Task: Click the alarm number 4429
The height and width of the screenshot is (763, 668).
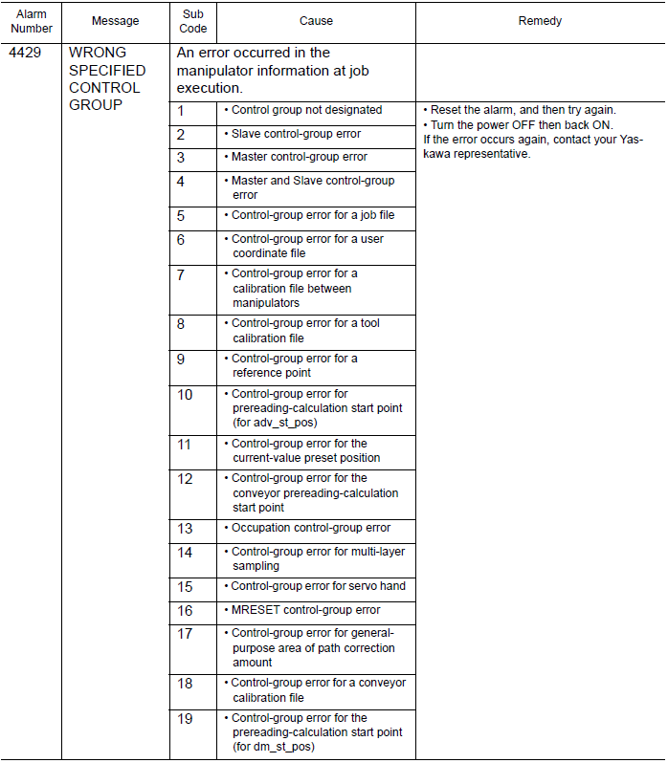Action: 24,53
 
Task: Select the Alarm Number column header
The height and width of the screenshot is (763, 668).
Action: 32,21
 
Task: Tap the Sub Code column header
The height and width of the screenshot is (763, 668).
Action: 193,21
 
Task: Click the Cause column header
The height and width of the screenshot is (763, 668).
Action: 316,21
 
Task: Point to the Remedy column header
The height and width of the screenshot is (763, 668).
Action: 540,21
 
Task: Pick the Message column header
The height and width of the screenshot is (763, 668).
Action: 115,21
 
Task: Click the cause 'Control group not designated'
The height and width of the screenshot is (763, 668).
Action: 306,111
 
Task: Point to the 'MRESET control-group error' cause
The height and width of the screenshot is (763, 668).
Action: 305,610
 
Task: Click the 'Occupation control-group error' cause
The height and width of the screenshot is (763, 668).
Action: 310,528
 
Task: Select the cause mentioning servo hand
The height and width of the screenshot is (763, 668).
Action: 318,586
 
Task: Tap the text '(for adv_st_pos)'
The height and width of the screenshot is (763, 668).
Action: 275,423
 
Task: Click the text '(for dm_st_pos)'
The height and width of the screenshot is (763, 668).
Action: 274,747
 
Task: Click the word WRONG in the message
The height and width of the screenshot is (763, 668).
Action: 98,53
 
